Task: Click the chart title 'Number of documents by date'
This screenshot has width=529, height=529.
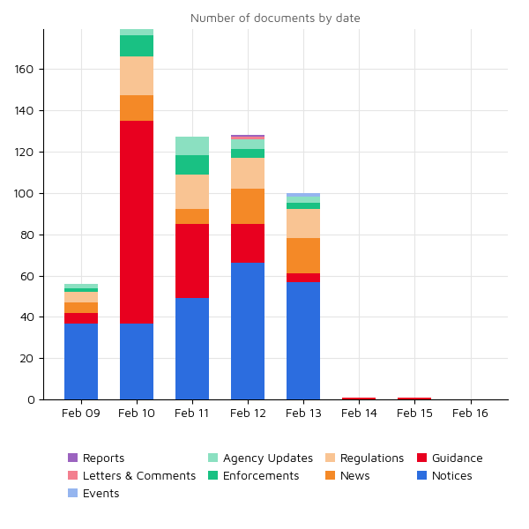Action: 275,18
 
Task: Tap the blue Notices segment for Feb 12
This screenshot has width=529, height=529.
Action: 248,332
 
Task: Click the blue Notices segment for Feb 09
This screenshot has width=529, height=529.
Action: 81,361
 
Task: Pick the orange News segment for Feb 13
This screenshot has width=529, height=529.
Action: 303,256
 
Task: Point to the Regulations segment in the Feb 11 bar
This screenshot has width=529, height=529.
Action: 192,191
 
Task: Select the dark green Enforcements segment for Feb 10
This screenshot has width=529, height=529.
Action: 137,46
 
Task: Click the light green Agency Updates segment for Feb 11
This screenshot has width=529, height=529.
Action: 192,145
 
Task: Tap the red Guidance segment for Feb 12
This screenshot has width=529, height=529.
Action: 248,243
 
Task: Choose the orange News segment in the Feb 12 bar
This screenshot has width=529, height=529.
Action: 248,206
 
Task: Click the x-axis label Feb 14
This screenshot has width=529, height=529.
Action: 359,413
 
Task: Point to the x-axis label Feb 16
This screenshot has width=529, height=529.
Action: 470,413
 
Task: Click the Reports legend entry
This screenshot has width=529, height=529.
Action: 103,458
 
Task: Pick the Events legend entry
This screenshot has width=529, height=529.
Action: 101,494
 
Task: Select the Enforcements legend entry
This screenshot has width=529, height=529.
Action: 260,476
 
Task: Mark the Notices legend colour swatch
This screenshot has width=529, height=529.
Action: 422,476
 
